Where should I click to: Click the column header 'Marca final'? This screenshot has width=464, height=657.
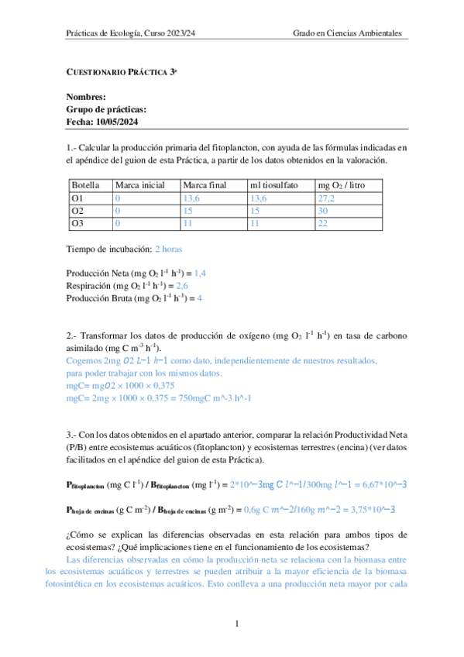(x=204, y=186)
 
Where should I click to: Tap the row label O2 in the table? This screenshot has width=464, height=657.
(x=77, y=211)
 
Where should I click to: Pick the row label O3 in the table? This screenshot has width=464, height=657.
(x=77, y=223)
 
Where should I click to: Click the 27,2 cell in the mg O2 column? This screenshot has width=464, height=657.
(x=328, y=198)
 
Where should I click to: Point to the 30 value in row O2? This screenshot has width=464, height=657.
(x=324, y=211)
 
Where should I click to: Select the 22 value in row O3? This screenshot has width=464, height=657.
(x=324, y=223)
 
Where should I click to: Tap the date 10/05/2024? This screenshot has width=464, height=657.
(x=116, y=122)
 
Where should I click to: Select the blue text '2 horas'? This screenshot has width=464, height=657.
(x=169, y=249)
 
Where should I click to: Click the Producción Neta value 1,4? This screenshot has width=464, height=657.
(x=201, y=273)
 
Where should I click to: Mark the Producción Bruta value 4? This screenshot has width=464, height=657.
(x=199, y=298)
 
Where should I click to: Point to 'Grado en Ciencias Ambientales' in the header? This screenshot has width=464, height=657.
(x=348, y=34)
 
